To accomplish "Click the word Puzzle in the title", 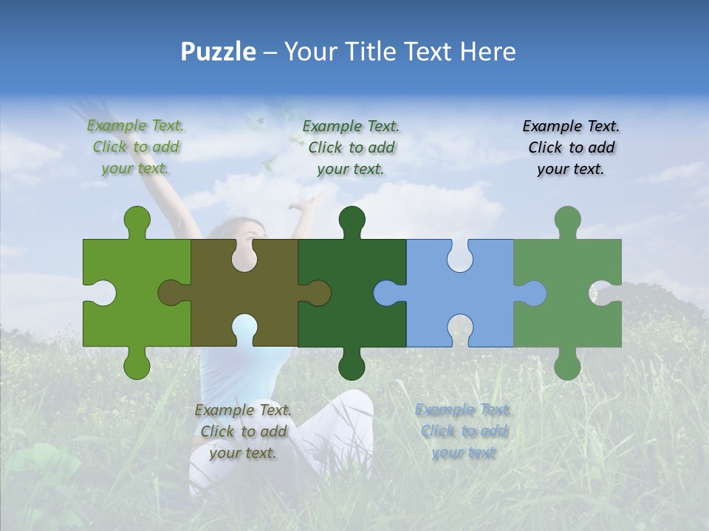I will pos(219,52).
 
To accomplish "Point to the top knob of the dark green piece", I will pos(352,220).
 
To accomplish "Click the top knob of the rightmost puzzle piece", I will pos(567,220).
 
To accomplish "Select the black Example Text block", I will pos(571,147).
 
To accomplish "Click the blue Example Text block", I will pos(463,431).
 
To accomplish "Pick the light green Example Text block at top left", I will pos(136,147).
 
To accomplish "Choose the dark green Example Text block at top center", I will pos(351,147).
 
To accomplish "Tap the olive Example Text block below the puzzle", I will pos(243,431).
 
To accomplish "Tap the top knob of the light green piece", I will pos(137,220).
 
